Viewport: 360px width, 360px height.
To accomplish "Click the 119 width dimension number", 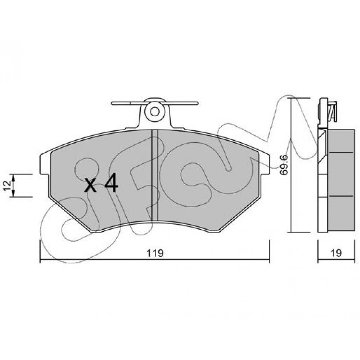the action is pos(155,253).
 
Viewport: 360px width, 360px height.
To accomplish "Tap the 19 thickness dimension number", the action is pos(336,253).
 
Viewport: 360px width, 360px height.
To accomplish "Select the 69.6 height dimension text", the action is pos(284,165).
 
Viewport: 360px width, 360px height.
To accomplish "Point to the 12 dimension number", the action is pos(7,185).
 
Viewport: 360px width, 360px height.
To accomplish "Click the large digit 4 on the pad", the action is pos(111,183).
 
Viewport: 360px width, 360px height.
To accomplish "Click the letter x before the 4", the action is pos(90,185).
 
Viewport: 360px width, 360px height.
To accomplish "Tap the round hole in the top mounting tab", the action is pos(155,112).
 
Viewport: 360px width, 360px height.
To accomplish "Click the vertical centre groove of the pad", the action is pos(155,175).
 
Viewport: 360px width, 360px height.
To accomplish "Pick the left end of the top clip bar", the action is pos(112,104).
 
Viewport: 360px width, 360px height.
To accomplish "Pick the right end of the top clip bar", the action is pos(197,104).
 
